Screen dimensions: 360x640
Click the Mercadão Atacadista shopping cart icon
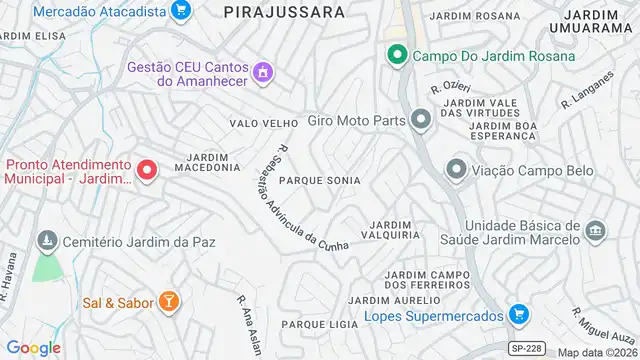point(180,11)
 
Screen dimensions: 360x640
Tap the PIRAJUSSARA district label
point(284,12)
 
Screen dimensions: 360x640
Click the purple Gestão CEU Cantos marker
point(263,72)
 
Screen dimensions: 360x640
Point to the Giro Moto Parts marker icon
point(420,121)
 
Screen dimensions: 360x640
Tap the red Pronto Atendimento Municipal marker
point(147,171)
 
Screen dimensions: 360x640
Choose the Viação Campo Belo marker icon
point(457,168)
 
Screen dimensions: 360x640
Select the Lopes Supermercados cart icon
point(518,315)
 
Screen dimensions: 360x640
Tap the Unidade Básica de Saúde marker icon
point(596,232)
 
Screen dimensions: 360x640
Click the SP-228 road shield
point(526,348)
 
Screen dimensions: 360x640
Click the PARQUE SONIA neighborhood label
point(319,180)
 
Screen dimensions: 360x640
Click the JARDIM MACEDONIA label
point(207,162)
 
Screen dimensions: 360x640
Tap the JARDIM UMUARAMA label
point(597,22)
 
